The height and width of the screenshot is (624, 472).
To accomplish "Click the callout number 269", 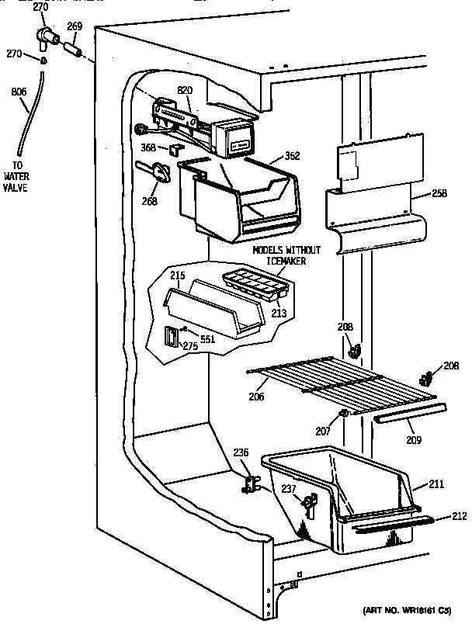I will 75,26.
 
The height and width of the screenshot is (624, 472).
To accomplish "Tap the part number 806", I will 19,92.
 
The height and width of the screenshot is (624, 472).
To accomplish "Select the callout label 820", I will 184,91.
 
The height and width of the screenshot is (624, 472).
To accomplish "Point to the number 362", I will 292,155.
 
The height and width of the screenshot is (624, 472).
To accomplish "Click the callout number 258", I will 439,193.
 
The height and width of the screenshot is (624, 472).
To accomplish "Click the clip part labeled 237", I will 309,506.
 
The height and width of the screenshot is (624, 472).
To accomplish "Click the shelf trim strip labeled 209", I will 411,414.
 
